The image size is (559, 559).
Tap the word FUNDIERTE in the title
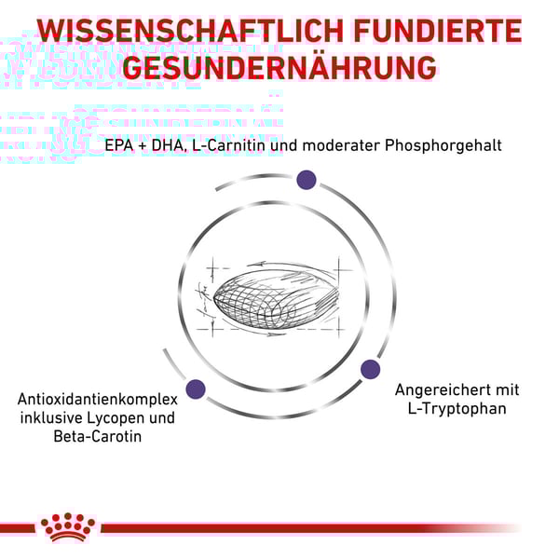point(438,31)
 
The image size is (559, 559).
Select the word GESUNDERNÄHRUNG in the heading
point(279,68)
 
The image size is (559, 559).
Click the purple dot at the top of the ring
point(307,180)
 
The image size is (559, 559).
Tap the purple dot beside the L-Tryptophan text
point(370,369)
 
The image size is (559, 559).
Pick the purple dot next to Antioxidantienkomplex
point(196,389)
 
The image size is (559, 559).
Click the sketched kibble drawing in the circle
point(275,298)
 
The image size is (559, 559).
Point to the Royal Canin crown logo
point(68,527)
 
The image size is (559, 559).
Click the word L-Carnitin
point(229,145)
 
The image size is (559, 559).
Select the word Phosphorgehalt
point(443,146)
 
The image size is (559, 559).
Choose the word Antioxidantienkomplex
point(97,400)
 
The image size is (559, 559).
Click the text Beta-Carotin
point(97,436)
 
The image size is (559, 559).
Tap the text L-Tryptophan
point(457,409)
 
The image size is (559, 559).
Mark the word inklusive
point(51,417)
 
